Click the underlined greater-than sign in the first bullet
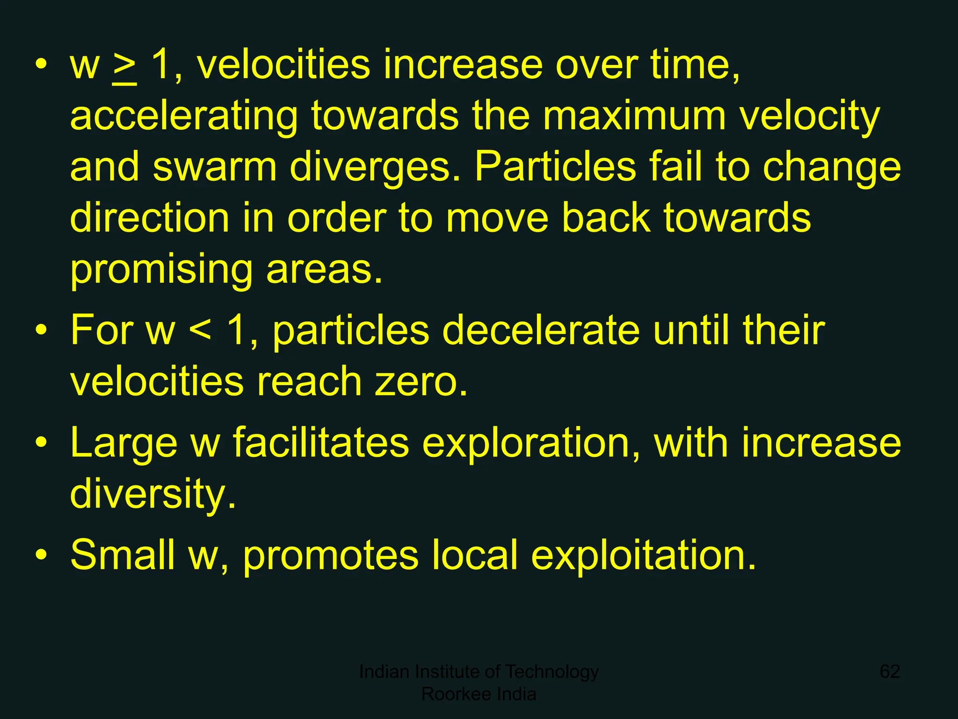tap(124, 68)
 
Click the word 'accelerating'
tap(183, 117)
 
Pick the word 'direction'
tap(149, 218)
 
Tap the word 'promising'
tap(161, 271)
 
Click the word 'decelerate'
tap(540, 330)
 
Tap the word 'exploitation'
tap(643, 556)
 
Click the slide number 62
tap(890, 671)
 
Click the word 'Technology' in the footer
tap(552, 672)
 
